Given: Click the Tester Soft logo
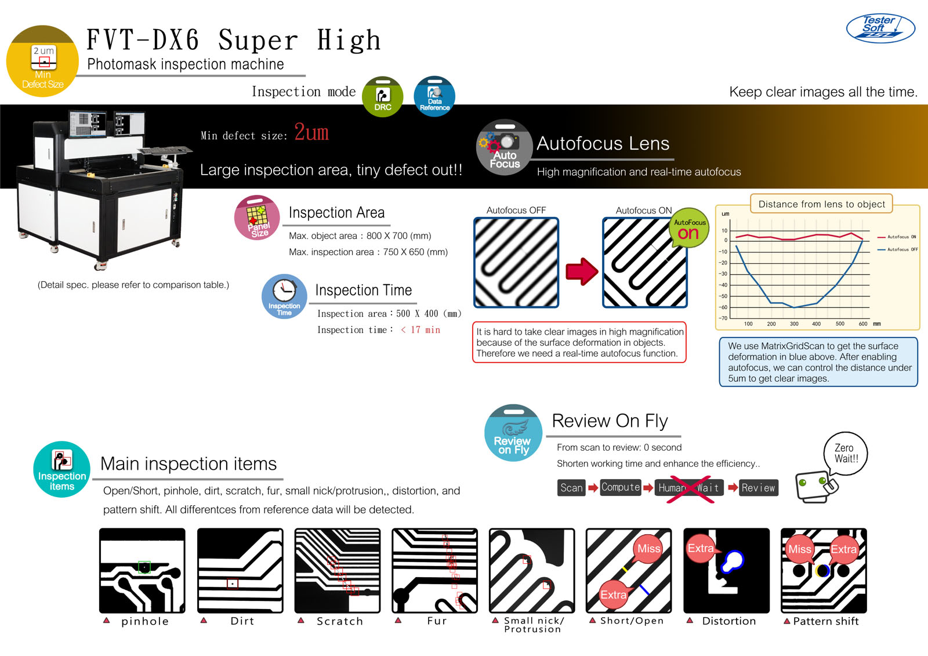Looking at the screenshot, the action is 880,28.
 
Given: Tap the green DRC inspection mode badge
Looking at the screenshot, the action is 382,96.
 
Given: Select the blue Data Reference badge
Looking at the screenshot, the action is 434,96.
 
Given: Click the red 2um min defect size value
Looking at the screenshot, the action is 311,132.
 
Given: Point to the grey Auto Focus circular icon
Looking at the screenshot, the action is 504,147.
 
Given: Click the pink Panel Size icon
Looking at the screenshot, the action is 257,218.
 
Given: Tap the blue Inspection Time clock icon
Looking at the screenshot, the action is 284,296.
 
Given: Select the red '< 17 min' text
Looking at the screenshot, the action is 420,330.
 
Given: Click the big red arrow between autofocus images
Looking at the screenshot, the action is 582,271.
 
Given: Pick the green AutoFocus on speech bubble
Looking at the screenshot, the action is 689,228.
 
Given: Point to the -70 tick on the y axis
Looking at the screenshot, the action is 723,318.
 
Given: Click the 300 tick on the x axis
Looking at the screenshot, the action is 794,324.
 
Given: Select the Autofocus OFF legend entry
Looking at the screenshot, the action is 897,249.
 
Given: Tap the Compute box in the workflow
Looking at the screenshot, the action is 621,487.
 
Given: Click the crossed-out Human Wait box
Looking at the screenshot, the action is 690,488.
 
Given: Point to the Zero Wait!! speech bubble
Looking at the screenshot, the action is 846,454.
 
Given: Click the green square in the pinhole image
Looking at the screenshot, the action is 144,567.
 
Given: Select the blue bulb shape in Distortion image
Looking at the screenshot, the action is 733,561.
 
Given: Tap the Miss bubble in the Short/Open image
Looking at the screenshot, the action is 648,549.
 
